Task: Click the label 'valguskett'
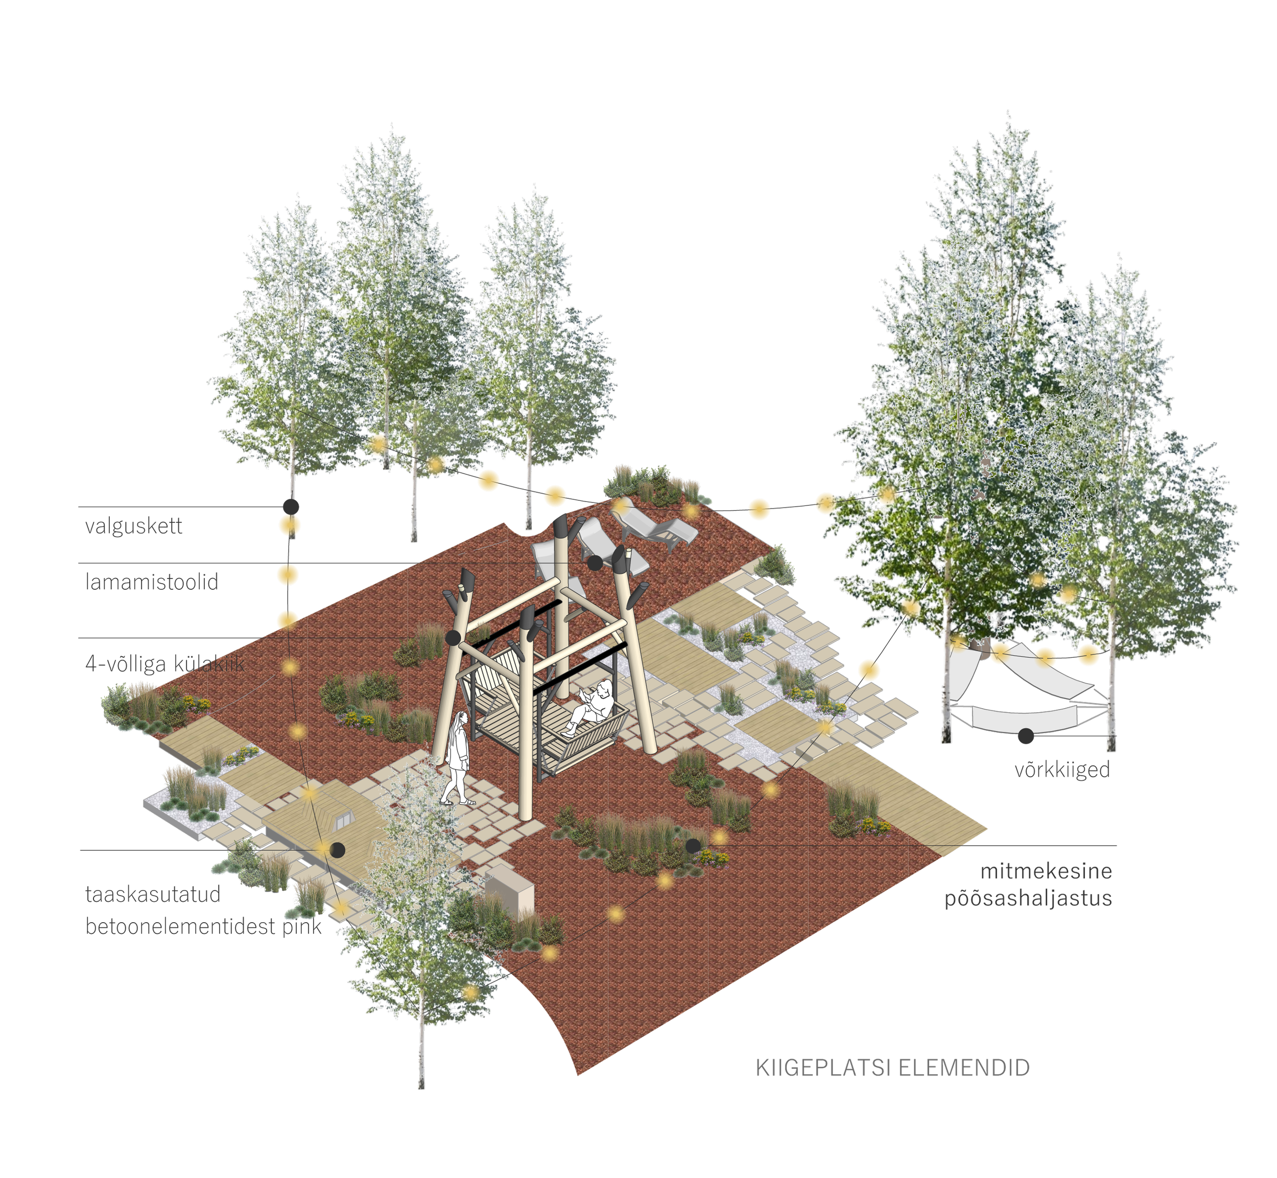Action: coord(134,526)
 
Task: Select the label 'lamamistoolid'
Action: coord(152,582)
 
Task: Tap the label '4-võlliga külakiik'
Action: coord(164,664)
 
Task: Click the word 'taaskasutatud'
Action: coord(153,894)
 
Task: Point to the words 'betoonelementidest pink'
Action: coord(203,926)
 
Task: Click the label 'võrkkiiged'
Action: coord(1062,770)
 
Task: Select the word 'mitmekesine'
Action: coord(1046,871)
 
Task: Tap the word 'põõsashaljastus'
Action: coord(1028,899)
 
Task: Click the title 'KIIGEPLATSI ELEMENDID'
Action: coord(892,1068)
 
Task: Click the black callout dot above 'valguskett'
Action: coord(291,507)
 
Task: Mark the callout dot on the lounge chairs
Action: coord(595,563)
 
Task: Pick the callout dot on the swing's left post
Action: coord(453,637)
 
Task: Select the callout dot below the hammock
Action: coord(1026,736)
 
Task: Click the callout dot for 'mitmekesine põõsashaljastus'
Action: coord(693,846)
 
